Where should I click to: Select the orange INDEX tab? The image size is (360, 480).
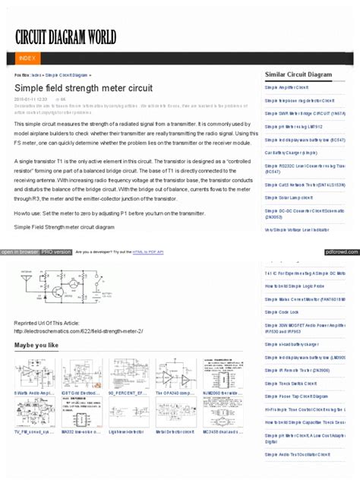27,58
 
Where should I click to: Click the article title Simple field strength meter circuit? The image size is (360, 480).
84,87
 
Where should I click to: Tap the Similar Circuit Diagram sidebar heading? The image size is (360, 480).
298,74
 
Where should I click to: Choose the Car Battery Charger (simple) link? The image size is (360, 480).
291,152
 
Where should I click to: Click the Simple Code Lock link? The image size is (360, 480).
282,311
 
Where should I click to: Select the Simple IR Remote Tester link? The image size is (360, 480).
297,370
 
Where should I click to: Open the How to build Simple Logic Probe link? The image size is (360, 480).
295,286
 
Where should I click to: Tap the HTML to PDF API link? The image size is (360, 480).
148,251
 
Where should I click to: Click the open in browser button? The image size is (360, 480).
20,251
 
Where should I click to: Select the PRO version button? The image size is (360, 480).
56,251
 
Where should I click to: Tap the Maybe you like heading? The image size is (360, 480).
36,346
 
